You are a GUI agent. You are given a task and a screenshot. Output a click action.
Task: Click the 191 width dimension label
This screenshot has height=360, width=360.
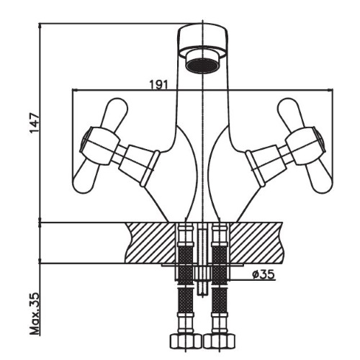pyautogui.click(x=159, y=84)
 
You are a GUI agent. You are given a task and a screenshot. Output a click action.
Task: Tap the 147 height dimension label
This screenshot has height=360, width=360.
pyautogui.click(x=34, y=122)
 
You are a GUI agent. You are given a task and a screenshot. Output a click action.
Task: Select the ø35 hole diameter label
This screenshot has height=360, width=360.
pyautogui.click(x=263, y=274)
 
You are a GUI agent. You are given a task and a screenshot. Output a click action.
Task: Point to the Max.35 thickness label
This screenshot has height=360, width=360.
pyautogui.click(x=34, y=313)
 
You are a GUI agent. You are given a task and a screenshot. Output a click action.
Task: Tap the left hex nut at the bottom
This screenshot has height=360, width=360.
pyautogui.click(x=185, y=341)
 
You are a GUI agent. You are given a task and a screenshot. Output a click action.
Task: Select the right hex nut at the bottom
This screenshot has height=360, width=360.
pyautogui.click(x=219, y=341)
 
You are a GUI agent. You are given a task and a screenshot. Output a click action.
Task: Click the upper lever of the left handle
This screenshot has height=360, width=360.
pyautogui.click(x=114, y=112)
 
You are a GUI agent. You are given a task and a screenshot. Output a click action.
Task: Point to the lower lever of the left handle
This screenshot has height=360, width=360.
pyautogui.click(x=84, y=178)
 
